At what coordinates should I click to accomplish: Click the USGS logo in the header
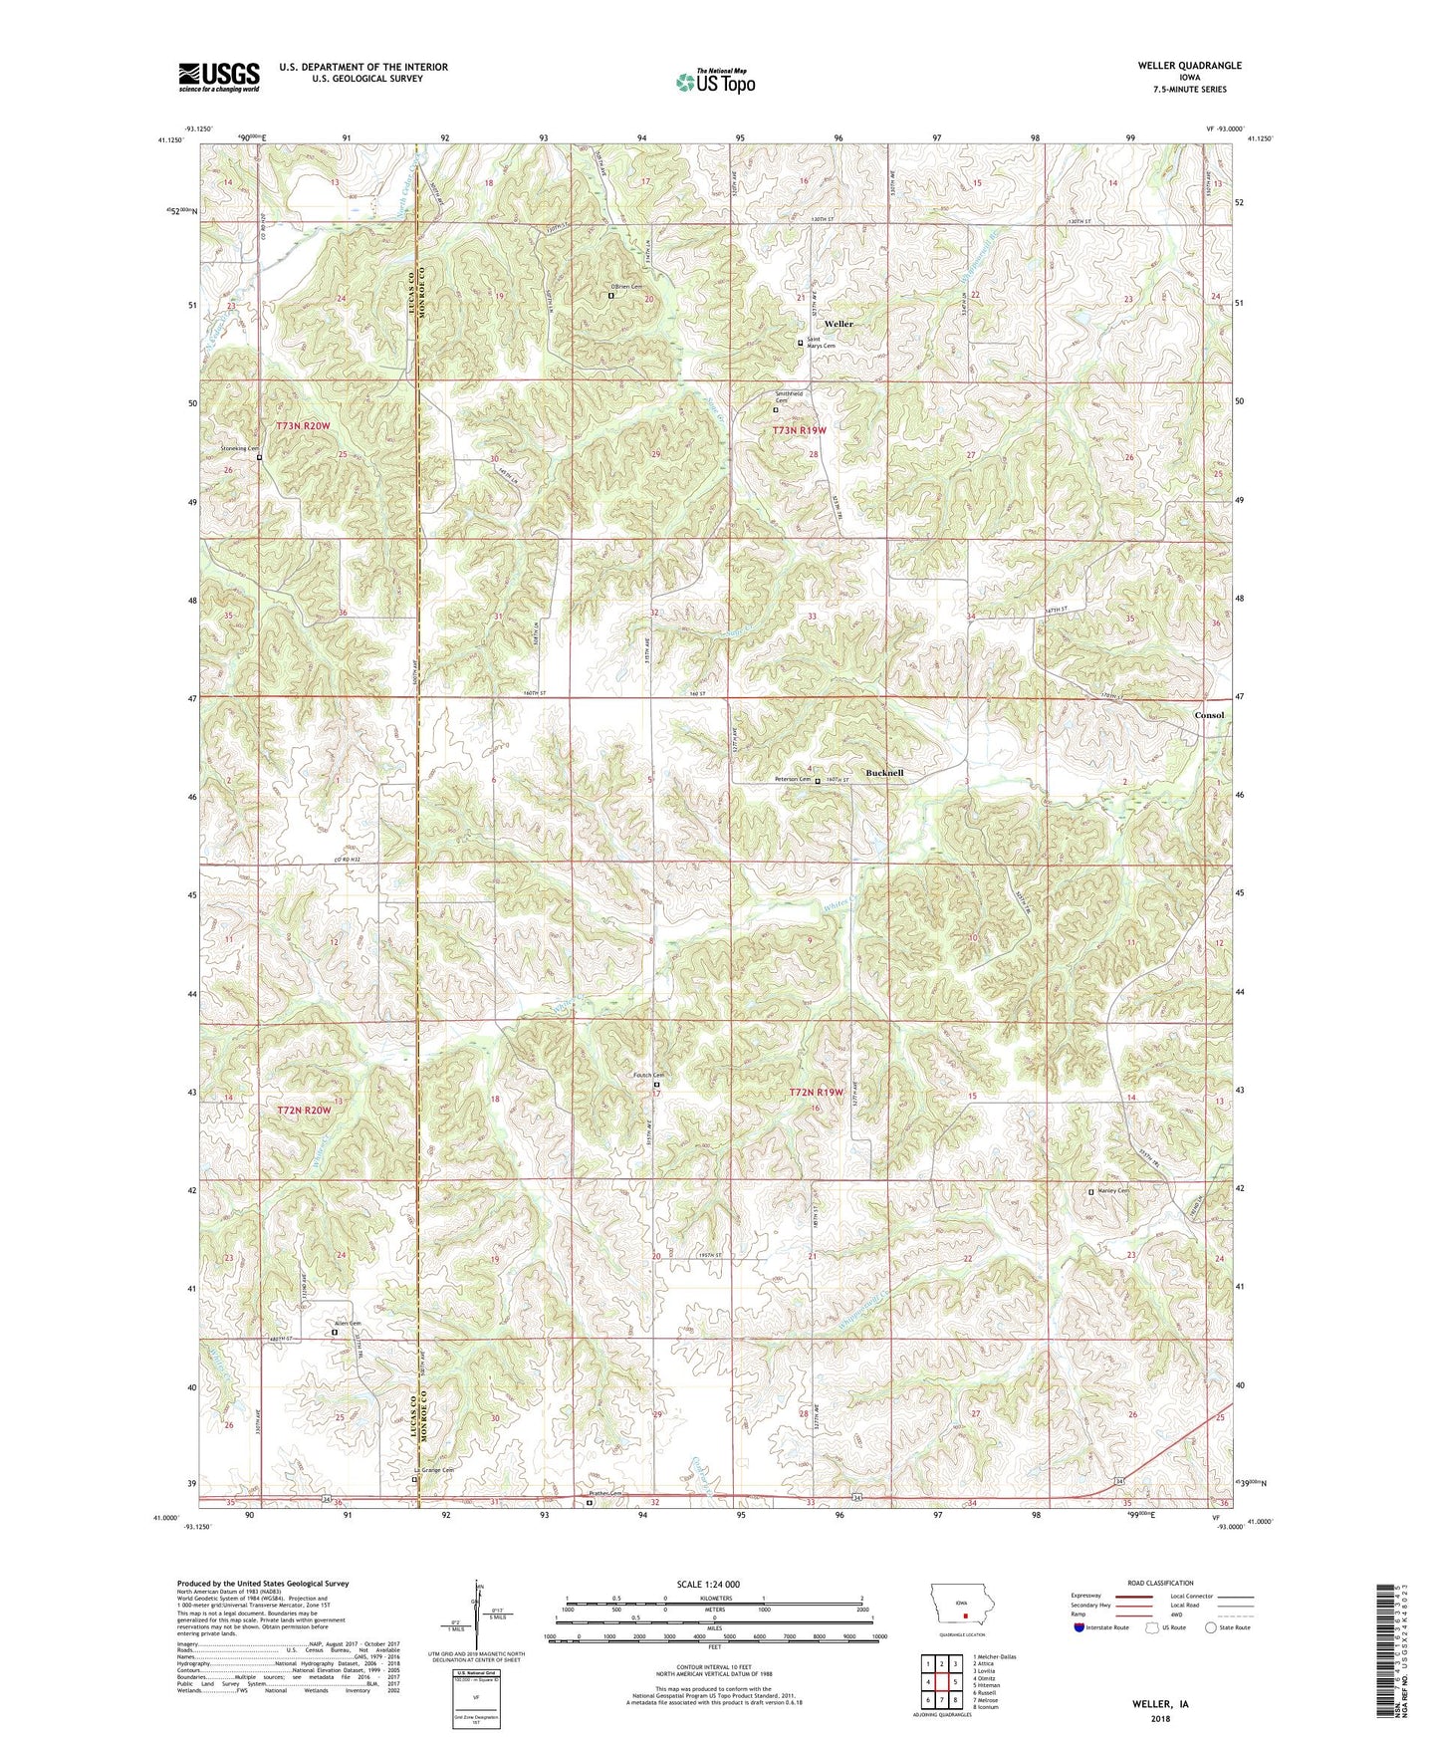pyautogui.click(x=219, y=77)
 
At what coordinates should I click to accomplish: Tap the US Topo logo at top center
pyautogui.click(x=715, y=82)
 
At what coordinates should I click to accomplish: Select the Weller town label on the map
pyautogui.click(x=839, y=324)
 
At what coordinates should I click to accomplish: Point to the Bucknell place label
pyautogui.click(x=884, y=773)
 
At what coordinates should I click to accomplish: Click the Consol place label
pyautogui.click(x=1209, y=715)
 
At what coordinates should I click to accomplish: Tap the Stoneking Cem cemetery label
pyautogui.click(x=239, y=449)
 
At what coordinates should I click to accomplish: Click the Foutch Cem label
pyautogui.click(x=648, y=1075)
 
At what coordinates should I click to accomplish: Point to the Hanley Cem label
pyautogui.click(x=1112, y=1191)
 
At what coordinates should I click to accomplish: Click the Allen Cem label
pyautogui.click(x=347, y=1323)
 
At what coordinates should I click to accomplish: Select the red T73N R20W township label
pyautogui.click(x=303, y=426)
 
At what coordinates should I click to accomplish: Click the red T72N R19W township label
pyautogui.click(x=817, y=1093)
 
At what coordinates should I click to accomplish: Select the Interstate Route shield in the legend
pyautogui.click(x=1080, y=1627)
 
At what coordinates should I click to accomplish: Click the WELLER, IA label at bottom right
pyautogui.click(x=1160, y=1704)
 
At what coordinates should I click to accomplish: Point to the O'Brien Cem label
pyautogui.click(x=627, y=287)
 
